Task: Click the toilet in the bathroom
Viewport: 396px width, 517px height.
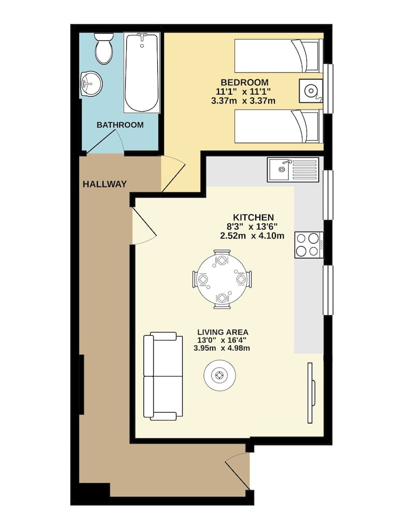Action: coord(104,48)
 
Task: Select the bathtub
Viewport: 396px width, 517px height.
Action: coord(142,72)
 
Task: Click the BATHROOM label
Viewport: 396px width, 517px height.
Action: coord(120,125)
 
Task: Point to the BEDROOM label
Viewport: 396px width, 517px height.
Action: coord(244,82)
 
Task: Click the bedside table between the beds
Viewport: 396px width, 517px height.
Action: coord(311,91)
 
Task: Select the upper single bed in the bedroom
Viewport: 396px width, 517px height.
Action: coord(279,55)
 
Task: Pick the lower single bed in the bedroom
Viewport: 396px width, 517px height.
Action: coord(279,126)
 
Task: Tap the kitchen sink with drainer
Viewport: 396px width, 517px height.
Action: coord(292,170)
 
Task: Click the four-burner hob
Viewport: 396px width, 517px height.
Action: coord(309,245)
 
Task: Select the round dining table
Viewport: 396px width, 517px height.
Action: coord(223,280)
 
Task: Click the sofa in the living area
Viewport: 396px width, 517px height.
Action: coord(163,376)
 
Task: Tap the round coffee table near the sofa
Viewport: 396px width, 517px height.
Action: coord(220,375)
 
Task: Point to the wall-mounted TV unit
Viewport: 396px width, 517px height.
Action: coord(311,392)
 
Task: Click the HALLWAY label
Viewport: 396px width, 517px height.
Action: coord(105,184)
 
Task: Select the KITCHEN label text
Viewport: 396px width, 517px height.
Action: coord(253,217)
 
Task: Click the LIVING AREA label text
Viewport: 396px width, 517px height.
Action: coord(223,332)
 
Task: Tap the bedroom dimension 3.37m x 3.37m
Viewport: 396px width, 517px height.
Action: coord(243,101)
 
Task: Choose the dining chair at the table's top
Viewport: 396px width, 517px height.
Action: coord(223,258)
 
